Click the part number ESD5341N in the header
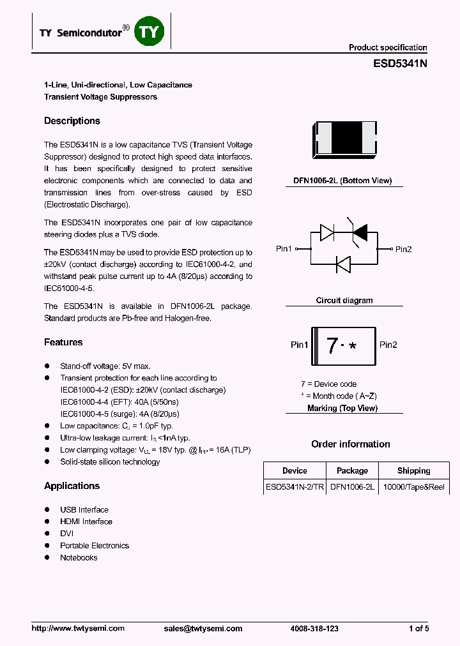pos(400,64)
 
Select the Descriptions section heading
pos(72,121)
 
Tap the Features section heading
pos(63,343)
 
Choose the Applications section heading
pos(72,486)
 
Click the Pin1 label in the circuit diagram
pos(284,249)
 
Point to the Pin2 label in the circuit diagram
pos(403,249)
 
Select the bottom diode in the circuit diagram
pos(343,263)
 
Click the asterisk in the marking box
pos(352,347)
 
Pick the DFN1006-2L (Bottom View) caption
pos(342,181)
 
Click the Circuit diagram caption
pos(344,301)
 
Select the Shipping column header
pos(413,471)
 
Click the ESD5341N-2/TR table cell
pos(295,487)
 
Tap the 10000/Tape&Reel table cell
pos(413,487)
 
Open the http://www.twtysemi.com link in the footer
pos(78,629)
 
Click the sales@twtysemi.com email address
pos(203,629)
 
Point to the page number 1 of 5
pos(418,629)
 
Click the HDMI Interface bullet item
pos(86,522)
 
